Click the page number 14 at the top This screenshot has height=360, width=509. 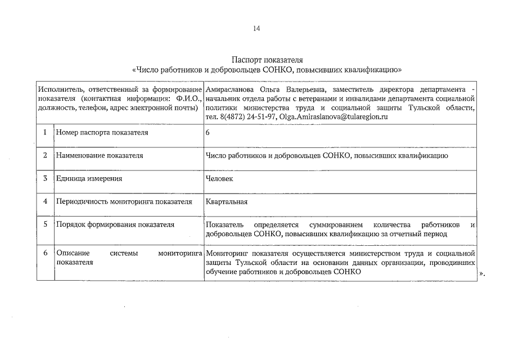(x=256, y=29)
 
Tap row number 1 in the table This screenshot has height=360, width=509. (x=45, y=132)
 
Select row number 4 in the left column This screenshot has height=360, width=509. (x=45, y=201)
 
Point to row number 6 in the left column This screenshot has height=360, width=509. (x=45, y=254)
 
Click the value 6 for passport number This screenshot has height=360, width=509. (x=208, y=132)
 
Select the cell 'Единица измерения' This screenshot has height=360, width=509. (x=89, y=178)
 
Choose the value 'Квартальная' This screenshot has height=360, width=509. (x=227, y=201)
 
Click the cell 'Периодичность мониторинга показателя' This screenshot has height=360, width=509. (x=124, y=201)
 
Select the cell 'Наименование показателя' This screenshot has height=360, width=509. (x=100, y=155)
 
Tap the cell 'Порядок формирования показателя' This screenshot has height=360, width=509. (x=115, y=224)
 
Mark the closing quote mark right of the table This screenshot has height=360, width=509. (x=481, y=273)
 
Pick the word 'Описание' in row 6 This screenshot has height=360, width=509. (x=71, y=254)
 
